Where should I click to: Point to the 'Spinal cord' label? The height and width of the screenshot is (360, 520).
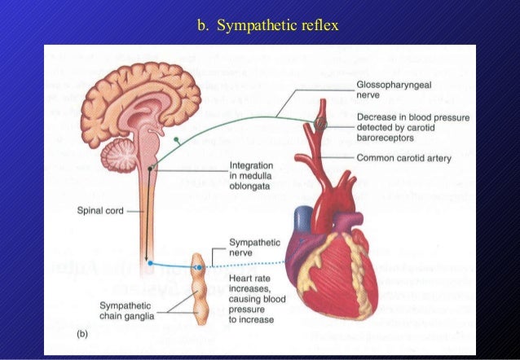pyautogui.click(x=100, y=209)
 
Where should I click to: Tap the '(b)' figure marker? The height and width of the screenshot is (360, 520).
pyautogui.click(x=82, y=334)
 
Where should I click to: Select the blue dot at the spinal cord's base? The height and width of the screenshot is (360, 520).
pyautogui.click(x=151, y=263)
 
